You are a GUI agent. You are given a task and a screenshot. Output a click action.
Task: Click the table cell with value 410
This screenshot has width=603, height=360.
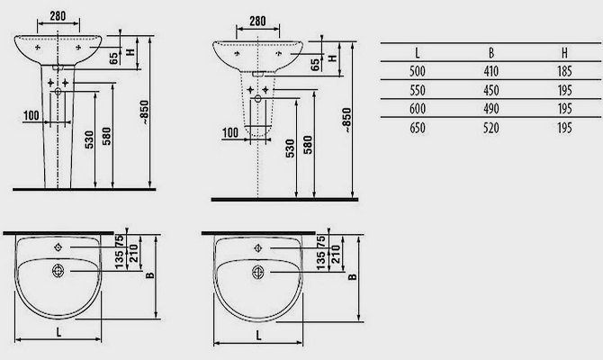click(491, 71)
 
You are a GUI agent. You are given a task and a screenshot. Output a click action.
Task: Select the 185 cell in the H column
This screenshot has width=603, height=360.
click(564, 71)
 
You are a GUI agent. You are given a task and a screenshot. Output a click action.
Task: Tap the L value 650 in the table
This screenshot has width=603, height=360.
click(418, 128)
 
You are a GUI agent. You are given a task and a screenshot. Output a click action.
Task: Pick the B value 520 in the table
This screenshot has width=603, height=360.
click(491, 128)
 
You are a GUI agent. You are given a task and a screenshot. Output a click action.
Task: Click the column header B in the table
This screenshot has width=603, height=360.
click(491, 53)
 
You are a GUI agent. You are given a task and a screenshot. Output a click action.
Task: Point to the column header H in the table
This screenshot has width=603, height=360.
click(564, 53)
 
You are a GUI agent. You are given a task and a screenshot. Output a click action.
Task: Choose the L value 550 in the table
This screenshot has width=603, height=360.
click(418, 90)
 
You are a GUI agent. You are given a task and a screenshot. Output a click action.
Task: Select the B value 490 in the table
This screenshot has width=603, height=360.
click(491, 109)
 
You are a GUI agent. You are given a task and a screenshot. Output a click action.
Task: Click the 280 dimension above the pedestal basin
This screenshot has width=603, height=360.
click(58, 16)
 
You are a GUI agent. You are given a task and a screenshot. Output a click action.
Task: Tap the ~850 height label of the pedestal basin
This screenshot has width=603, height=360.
click(145, 112)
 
